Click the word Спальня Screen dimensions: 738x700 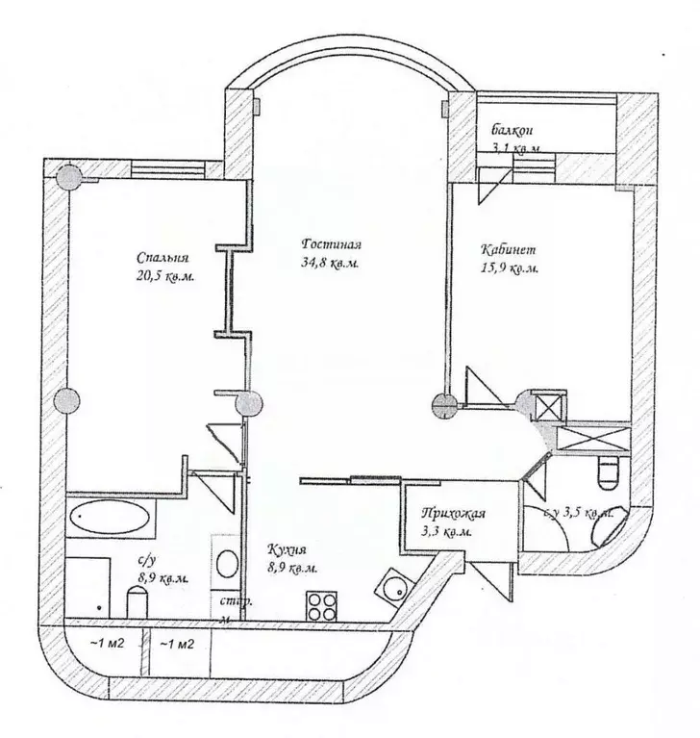162,258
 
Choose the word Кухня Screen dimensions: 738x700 287,551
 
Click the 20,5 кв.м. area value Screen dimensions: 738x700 167,276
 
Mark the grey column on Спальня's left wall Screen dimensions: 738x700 66,399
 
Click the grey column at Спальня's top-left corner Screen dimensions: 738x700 67,179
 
